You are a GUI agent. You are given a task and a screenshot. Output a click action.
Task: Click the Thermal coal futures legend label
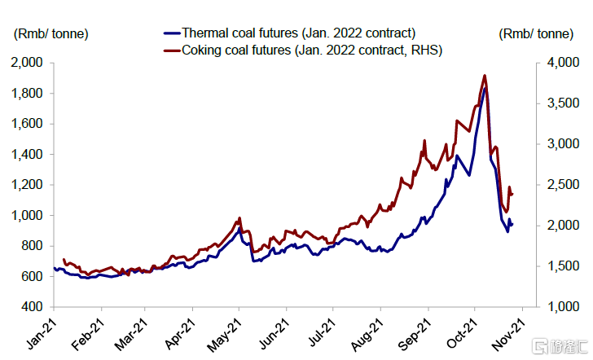click(x=299, y=33)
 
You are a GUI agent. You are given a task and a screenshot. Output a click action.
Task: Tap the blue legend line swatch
click(x=171, y=33)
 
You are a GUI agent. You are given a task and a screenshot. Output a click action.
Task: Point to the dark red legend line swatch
click(x=171, y=51)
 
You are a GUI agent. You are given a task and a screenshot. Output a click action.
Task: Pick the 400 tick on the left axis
click(x=33, y=307)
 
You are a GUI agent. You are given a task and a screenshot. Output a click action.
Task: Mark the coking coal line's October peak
click(x=485, y=76)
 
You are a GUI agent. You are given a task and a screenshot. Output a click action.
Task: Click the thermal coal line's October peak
click(x=485, y=88)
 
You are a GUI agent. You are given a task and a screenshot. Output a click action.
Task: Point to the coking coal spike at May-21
click(x=239, y=218)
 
